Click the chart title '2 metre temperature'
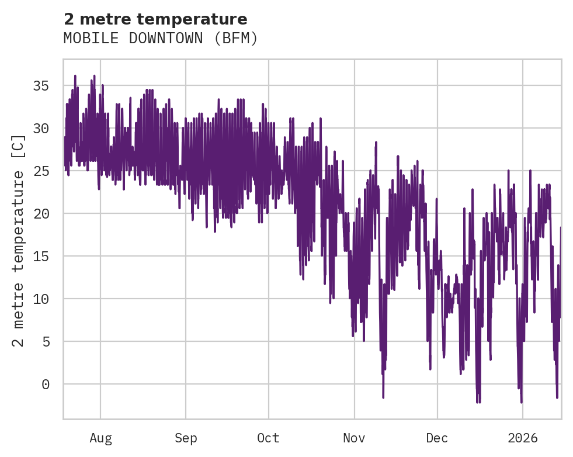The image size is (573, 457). tap(155, 19)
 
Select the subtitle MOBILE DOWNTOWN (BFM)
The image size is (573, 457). tap(161, 39)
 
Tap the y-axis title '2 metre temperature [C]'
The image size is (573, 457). tap(19, 240)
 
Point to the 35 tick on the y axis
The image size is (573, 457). tap(41, 86)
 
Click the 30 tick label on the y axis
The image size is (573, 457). tap(41, 129)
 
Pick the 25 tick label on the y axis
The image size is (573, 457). tap(41, 171)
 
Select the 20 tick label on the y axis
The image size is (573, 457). tap(41, 214)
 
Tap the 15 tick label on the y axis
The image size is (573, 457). tap(41, 257)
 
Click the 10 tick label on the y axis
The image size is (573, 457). tap(41, 299)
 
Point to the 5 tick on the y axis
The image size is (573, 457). tap(46, 342)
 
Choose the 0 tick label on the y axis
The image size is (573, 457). tap(46, 385)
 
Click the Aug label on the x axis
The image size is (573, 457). tap(100, 438)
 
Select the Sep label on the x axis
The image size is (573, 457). tap(186, 438)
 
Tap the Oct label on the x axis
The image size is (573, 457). tap(269, 438)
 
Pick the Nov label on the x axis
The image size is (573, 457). tap(354, 438)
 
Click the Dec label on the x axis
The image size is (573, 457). tap(437, 438)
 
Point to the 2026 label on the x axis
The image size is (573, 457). tap(522, 438)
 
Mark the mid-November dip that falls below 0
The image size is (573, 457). tap(383, 396)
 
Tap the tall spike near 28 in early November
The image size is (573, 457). tap(376, 143)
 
